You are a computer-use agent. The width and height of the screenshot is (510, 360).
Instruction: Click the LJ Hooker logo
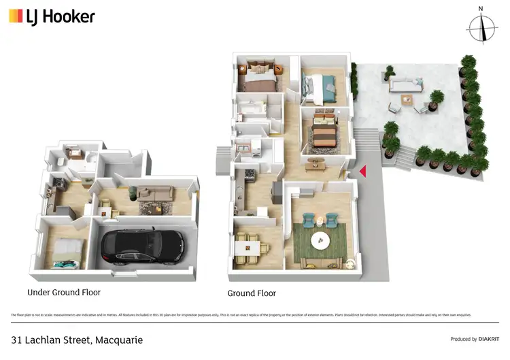coord(52,16)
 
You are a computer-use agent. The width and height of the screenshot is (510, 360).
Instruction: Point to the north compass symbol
coord(482,27)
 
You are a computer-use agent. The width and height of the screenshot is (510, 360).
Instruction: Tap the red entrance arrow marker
coord(362,171)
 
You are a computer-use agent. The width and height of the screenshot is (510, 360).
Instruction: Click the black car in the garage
coord(141,246)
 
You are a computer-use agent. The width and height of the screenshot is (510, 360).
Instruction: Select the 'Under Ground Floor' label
coord(64,293)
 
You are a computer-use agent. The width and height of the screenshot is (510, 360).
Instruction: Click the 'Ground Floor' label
coord(252,293)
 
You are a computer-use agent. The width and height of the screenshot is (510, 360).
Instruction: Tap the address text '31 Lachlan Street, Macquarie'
coord(77,340)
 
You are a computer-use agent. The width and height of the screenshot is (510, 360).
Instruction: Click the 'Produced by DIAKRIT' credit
coord(474,339)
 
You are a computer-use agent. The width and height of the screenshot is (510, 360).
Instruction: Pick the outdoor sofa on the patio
coord(407,85)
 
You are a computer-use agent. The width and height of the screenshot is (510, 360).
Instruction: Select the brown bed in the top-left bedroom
coord(258,77)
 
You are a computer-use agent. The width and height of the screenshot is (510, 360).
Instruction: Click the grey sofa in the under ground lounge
coord(156,194)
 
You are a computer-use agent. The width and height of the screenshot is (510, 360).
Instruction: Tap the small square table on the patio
coord(407,101)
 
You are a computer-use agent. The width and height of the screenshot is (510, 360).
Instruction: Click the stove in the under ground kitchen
coord(55,184)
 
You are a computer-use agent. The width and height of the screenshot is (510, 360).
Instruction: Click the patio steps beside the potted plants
coord(402,157)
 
